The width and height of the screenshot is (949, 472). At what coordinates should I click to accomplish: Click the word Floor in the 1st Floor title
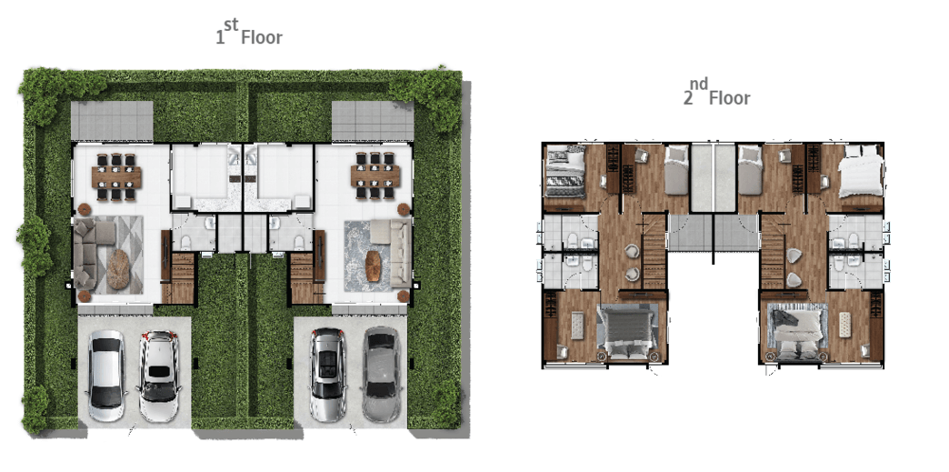(x=262, y=37)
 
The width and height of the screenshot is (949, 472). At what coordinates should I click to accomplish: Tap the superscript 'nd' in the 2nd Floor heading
(x=698, y=85)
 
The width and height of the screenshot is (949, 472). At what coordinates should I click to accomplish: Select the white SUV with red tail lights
(x=158, y=376)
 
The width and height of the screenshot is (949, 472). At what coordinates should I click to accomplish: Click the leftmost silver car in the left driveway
(x=106, y=376)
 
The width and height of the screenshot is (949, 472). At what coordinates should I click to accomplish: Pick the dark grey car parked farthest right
(x=381, y=375)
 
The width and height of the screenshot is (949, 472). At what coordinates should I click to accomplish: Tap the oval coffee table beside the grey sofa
(x=118, y=269)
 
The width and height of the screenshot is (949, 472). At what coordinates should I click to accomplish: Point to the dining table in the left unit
(x=116, y=177)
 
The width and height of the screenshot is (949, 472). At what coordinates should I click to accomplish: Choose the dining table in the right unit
(x=375, y=176)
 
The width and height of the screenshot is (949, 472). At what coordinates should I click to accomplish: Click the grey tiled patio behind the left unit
(x=112, y=121)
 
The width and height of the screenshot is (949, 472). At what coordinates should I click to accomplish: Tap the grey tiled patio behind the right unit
(x=373, y=121)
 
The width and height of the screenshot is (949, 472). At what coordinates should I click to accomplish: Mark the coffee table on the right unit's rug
(x=374, y=266)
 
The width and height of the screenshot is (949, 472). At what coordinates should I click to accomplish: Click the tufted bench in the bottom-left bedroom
(x=577, y=326)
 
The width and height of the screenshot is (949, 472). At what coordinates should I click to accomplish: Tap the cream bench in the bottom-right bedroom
(x=844, y=325)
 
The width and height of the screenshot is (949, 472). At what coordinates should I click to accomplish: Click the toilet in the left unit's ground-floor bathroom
(x=185, y=243)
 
